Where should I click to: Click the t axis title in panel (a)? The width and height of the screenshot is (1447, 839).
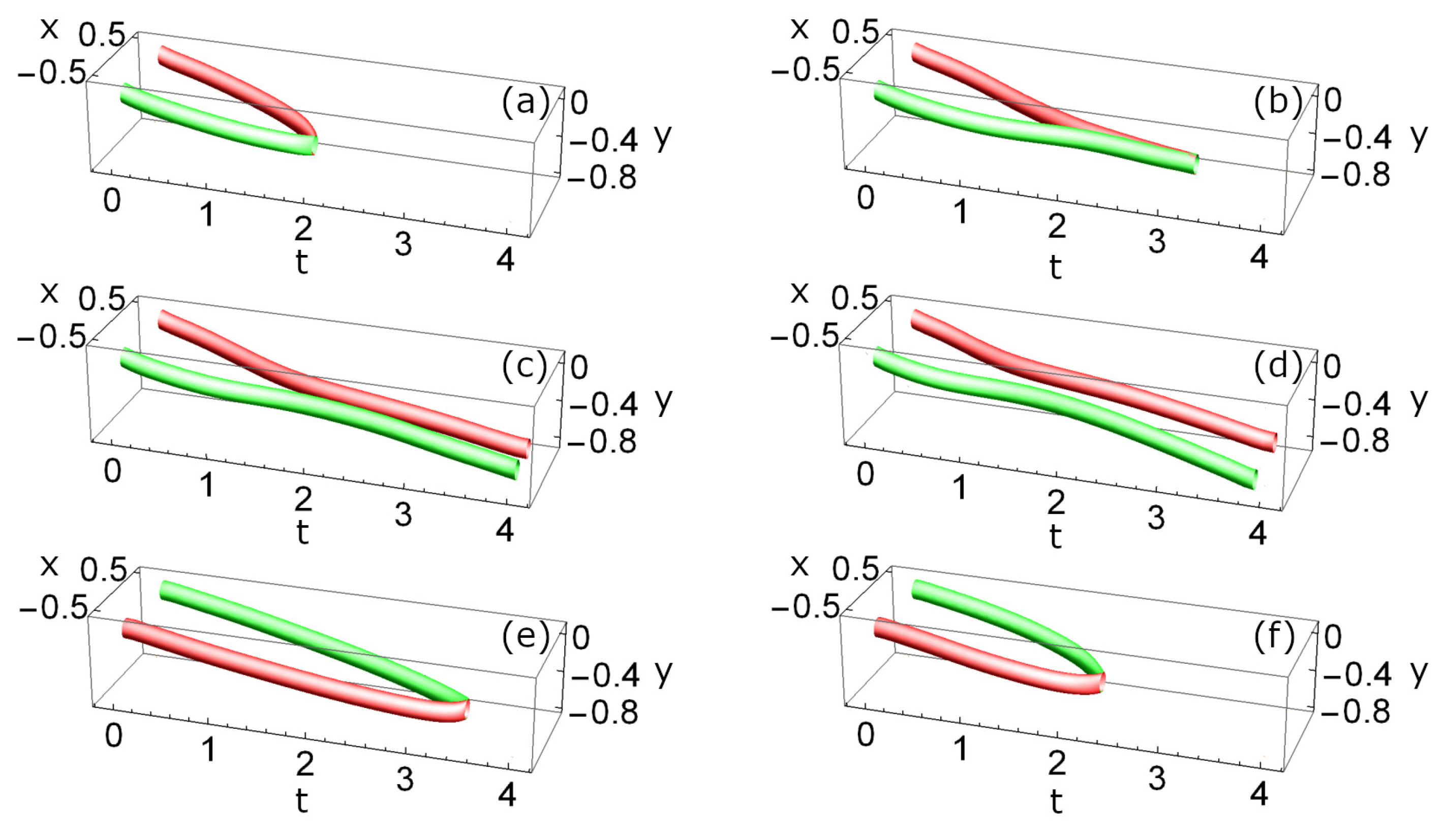(301, 262)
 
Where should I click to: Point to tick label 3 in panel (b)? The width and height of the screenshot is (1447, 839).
(1157, 242)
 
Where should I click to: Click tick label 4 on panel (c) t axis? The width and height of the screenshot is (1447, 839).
(505, 529)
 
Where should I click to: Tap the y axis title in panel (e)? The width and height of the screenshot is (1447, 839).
(664, 672)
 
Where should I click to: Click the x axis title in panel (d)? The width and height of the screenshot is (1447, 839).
(799, 293)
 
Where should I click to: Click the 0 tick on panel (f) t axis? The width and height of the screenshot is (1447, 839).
(866, 734)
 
